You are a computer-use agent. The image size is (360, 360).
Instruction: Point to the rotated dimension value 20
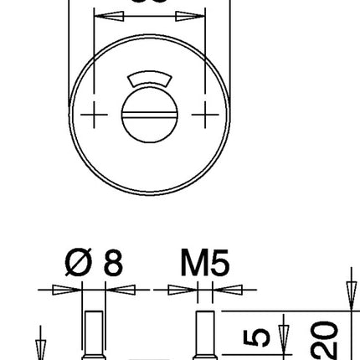tap(327, 339)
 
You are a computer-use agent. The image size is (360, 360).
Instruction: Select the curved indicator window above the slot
tap(150, 81)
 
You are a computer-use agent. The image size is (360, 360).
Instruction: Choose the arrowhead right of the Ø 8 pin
tap(122, 291)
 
